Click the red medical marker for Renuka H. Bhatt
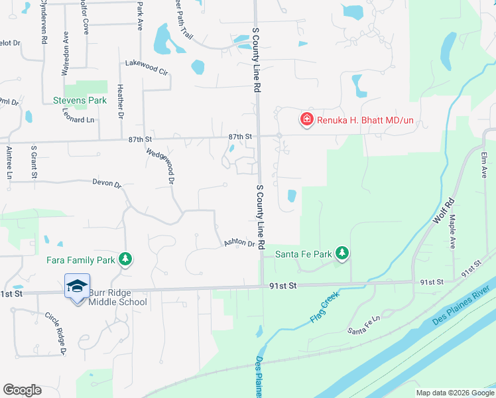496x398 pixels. tap(306, 119)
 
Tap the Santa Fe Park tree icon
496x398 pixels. tap(341, 253)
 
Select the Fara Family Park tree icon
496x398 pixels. tap(125, 259)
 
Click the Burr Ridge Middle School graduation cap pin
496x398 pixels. tap(77, 287)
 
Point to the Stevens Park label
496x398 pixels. tap(80, 100)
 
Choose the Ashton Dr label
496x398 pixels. tap(239, 243)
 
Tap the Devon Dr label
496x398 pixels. tap(107, 182)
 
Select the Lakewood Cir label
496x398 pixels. tap(147, 67)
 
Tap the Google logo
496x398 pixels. tap(22, 390)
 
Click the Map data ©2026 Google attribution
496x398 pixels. tap(454, 393)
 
